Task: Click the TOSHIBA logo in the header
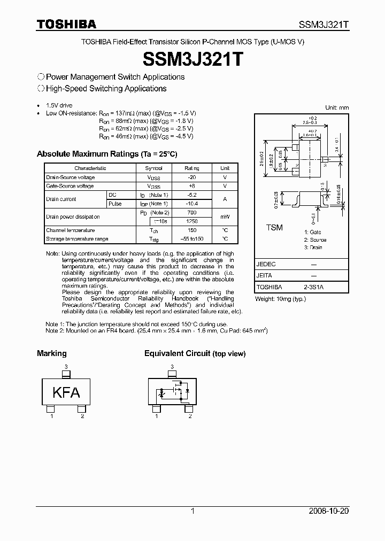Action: coord(66,24)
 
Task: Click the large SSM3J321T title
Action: coord(192,58)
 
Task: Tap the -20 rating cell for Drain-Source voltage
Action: coord(191,177)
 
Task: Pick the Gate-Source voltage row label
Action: coord(70,186)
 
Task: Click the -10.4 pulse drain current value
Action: coord(191,204)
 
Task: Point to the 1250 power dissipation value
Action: coord(191,221)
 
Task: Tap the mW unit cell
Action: coord(225,217)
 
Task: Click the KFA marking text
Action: coord(66,392)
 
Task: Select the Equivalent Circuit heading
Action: coord(195,353)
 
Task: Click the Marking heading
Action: coord(52,353)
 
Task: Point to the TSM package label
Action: coord(274,228)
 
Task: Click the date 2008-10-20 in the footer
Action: coord(328,511)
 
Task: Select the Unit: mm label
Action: coord(337,107)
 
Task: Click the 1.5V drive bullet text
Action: coord(59,106)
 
